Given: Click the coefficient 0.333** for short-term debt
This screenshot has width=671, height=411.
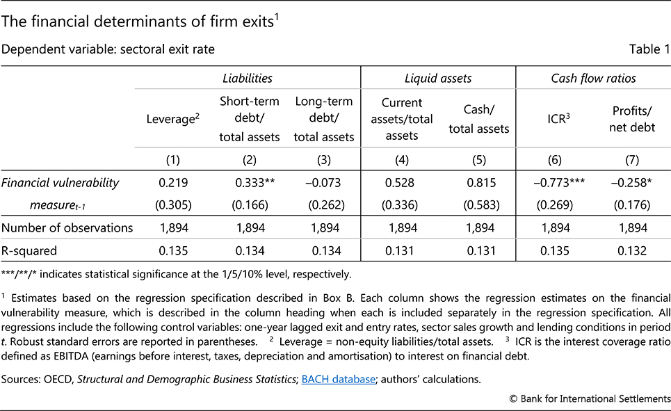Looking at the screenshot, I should coord(250,183).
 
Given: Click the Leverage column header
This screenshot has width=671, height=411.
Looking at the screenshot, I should coord(173,120).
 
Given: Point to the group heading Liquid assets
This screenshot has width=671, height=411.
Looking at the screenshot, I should coord(439,79).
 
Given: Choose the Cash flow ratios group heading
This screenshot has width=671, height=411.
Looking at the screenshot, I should coord(593,79).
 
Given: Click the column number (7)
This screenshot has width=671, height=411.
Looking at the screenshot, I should coord(631,161).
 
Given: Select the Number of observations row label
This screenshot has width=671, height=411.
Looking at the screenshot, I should coord(67,228).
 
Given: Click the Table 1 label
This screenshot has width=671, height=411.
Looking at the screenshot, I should coord(650,49).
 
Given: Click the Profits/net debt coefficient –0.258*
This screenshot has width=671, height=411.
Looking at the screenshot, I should coord(631,183).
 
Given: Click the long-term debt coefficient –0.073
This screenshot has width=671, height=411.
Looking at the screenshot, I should coord(324,183).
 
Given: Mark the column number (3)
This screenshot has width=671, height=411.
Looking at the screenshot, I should coord(324,161).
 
